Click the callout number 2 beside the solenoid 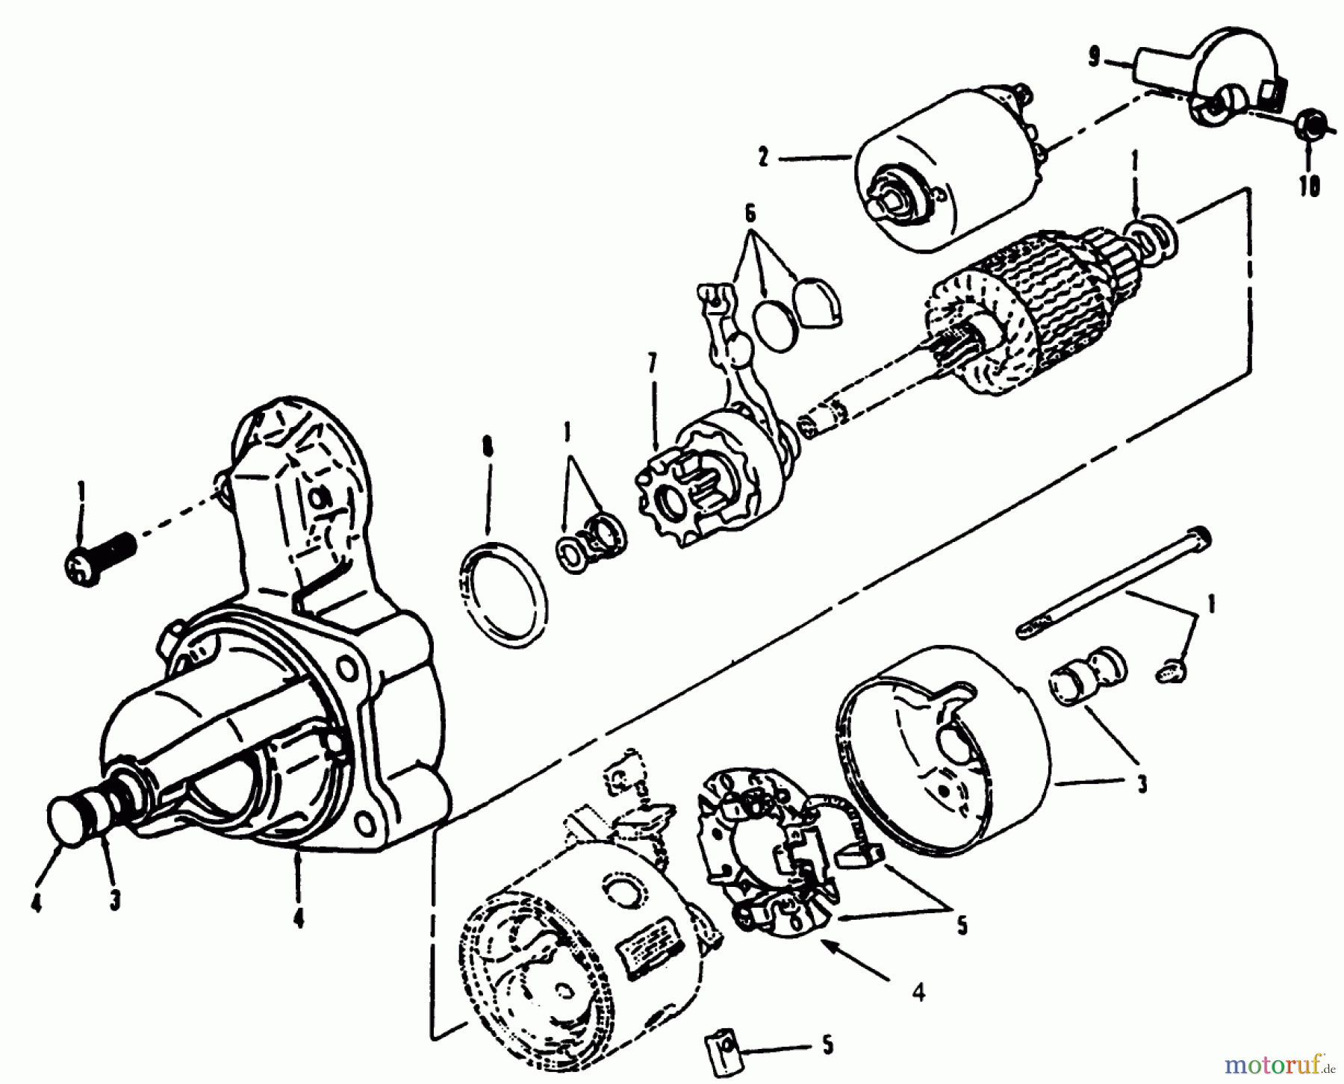click(x=762, y=158)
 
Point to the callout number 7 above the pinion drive click(x=653, y=366)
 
